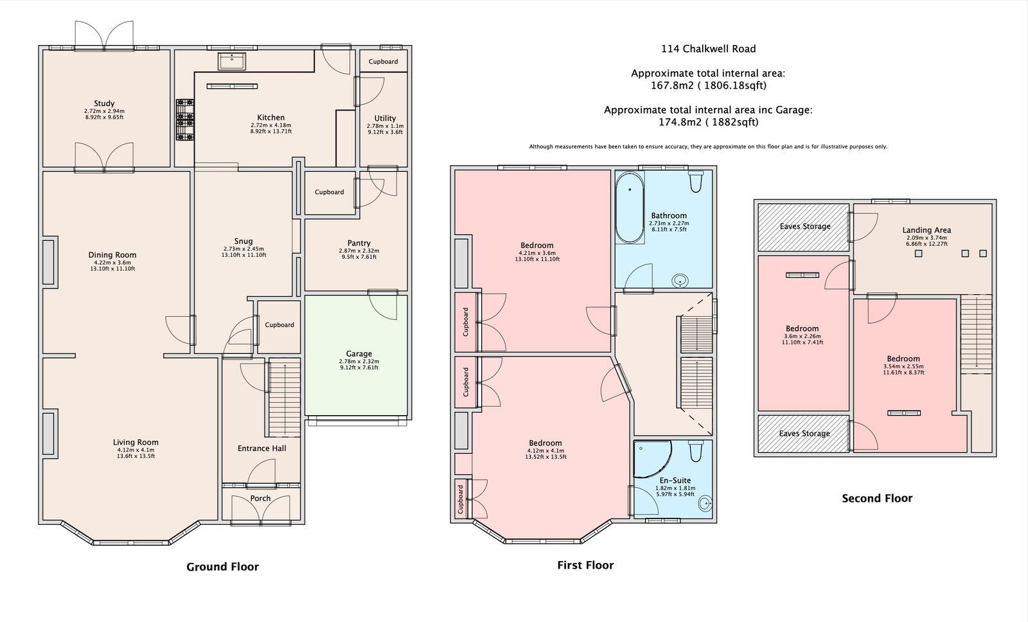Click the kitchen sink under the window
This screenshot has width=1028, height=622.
point(232,61)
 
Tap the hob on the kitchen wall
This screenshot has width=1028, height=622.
point(185,120)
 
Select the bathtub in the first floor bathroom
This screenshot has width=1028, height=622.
point(630,208)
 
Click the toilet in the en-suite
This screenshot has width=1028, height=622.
point(696,451)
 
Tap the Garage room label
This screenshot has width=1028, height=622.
point(359,354)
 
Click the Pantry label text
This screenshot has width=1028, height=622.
point(359,244)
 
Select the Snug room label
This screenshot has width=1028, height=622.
point(244,242)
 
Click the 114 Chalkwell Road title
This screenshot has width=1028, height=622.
point(708,49)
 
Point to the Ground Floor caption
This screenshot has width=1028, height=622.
point(222,567)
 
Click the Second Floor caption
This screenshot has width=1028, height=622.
point(877,499)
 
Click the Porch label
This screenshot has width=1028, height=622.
point(260,499)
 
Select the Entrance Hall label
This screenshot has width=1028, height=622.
point(261,449)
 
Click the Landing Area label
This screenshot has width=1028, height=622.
point(926,230)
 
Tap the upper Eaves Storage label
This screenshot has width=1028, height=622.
point(805,226)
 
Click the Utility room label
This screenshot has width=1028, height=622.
point(385,118)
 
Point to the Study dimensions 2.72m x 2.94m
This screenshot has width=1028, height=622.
point(104,111)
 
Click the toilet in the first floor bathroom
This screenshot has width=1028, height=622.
point(696,182)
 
